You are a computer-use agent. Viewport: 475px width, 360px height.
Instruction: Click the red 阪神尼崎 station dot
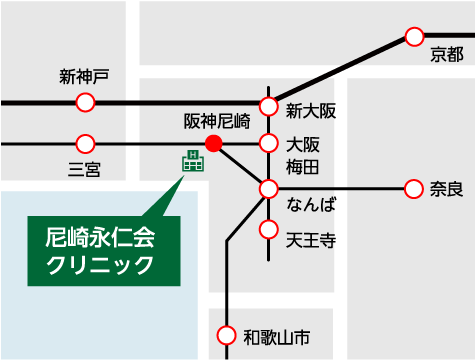click(x=213, y=144)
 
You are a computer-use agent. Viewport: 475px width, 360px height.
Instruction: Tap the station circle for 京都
click(x=415, y=37)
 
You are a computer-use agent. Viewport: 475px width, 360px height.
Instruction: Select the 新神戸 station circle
click(x=86, y=102)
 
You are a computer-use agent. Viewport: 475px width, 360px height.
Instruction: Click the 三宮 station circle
click(x=86, y=144)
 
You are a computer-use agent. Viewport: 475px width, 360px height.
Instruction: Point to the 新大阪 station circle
click(x=268, y=106)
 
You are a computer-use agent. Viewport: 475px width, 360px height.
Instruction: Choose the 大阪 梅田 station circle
click(x=268, y=144)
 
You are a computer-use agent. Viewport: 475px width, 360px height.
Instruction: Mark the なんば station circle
click(x=268, y=188)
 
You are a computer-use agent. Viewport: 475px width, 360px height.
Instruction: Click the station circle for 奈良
click(x=415, y=188)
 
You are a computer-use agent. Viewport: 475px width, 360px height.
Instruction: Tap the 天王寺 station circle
click(x=268, y=230)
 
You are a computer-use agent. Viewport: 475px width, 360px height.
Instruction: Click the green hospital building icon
click(x=189, y=161)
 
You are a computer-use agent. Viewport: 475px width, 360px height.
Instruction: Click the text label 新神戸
click(x=84, y=77)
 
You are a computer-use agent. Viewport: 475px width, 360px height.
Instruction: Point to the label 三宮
click(x=84, y=169)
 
